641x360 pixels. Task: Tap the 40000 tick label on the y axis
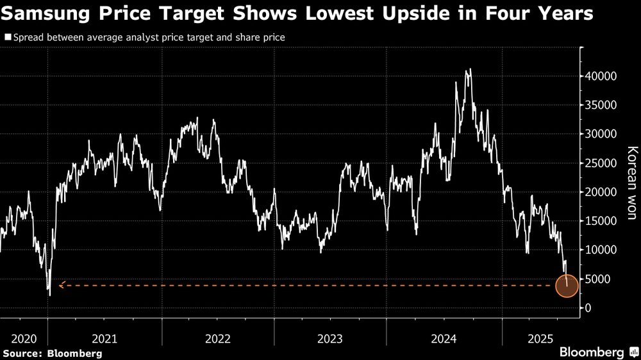602,76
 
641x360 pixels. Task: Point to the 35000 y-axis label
602,105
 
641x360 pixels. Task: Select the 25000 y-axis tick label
602,163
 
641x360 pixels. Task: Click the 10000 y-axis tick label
602,250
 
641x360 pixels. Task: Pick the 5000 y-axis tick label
604,279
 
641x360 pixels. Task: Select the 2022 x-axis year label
217,338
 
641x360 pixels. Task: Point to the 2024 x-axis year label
444,338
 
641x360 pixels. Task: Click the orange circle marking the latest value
567,286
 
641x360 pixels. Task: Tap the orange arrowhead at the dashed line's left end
60,286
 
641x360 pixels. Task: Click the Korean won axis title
632,183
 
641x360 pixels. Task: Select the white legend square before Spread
7,38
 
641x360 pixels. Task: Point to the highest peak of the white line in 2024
470,69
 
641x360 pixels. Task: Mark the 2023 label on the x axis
330,338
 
